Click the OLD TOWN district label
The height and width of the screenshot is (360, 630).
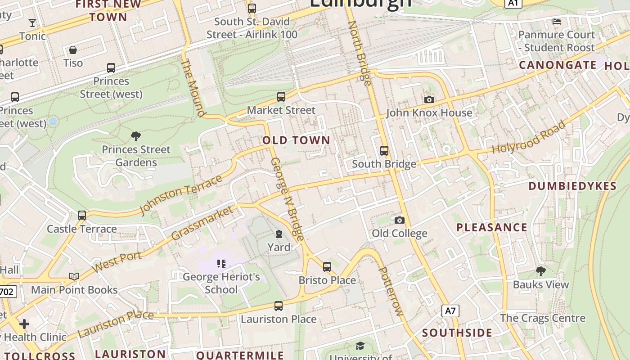click(297, 140)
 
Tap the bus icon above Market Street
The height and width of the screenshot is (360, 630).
click(281, 97)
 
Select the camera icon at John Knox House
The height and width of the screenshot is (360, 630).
click(429, 99)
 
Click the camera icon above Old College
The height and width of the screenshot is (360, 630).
click(399, 220)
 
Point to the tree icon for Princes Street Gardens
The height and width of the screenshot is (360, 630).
click(136, 136)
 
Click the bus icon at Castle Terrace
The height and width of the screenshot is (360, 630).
click(82, 216)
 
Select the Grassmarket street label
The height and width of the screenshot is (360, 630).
click(203, 223)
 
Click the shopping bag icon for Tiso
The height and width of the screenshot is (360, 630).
click(73, 49)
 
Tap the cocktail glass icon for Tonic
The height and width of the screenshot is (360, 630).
click(32, 23)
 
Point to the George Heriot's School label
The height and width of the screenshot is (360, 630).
click(221, 283)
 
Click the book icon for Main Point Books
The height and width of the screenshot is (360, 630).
click(74, 276)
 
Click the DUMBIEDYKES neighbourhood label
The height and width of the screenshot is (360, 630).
click(572, 186)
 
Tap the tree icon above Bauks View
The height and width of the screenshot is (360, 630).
click(541, 271)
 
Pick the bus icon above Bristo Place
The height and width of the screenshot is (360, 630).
click(327, 266)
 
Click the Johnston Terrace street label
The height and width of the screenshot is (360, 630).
click(181, 195)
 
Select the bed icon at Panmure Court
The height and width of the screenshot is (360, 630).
click(557, 21)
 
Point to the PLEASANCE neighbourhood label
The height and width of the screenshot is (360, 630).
click(492, 227)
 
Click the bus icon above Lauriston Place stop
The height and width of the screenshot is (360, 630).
click(279, 306)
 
